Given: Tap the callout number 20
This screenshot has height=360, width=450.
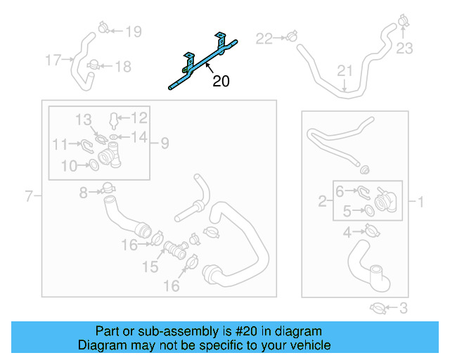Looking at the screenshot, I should pyautogui.click(x=221, y=82).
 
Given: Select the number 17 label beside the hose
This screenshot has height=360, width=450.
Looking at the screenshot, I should pyautogui.click(x=53, y=60).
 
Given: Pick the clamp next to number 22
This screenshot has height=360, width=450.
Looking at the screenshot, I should pyautogui.click(x=289, y=37).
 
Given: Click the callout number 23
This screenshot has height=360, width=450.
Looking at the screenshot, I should pyautogui.click(x=404, y=49).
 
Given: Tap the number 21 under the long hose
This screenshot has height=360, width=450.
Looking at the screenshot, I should pyautogui.click(x=344, y=71).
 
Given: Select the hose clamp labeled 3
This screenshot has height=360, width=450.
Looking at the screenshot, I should pyautogui.click(x=377, y=307).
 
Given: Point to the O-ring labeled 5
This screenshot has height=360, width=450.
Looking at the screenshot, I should pyautogui.click(x=367, y=210).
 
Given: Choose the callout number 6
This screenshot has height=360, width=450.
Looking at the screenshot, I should pyautogui.click(x=340, y=191).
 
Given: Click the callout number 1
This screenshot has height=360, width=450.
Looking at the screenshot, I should pyautogui.click(x=421, y=202).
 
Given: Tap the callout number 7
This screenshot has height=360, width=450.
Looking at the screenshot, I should pyautogui.click(x=29, y=196).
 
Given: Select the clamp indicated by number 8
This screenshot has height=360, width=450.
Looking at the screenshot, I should pyautogui.click(x=107, y=188).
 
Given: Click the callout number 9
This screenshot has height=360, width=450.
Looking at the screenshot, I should pyautogui.click(x=164, y=143).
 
